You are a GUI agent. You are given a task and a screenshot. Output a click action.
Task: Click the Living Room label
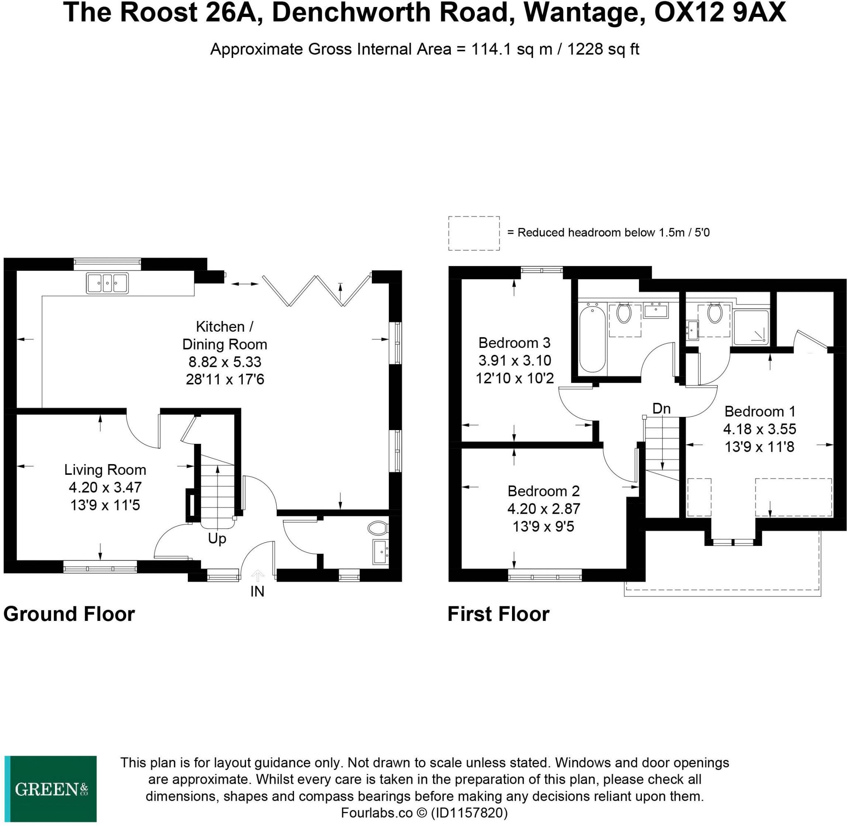point(105,469)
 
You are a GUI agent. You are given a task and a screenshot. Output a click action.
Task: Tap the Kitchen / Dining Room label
point(224,335)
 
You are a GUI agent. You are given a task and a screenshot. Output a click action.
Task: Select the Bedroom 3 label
point(514,343)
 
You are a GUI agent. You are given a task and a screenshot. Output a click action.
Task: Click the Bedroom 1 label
point(760,411)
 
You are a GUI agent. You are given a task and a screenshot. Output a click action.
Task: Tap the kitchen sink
point(107,283)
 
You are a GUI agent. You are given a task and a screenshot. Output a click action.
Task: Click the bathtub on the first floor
point(592,339)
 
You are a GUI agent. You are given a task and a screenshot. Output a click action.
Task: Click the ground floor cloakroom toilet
point(377,528)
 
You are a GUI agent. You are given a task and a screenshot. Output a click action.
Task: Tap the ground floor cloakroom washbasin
point(381,552)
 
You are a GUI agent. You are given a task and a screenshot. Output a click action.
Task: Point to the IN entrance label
point(257,591)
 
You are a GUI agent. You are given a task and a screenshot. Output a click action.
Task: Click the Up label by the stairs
point(217,539)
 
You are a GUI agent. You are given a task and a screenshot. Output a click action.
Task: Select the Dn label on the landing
point(661,409)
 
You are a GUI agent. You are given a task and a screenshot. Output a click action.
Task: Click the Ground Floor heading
point(69,614)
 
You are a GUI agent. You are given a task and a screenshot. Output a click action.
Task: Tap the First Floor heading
point(498,614)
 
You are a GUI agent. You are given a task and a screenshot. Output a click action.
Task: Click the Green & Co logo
point(50,788)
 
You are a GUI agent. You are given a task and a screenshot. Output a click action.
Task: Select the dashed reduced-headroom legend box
point(474,233)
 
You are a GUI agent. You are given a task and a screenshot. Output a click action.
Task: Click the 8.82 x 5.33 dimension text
point(225,362)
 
